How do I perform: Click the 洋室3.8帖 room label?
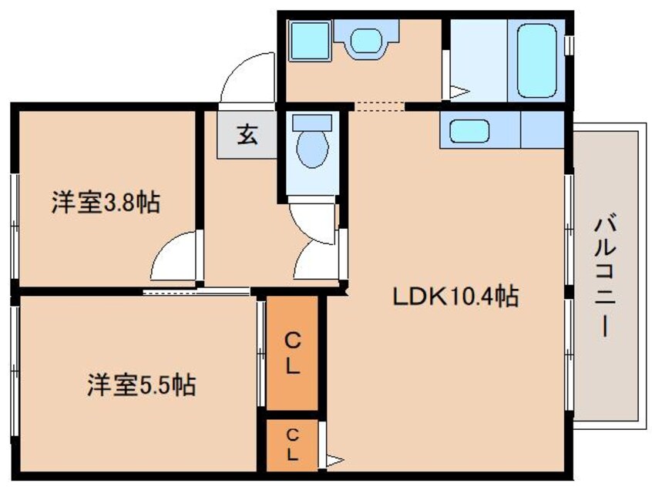(106, 204)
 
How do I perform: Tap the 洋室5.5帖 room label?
(140, 383)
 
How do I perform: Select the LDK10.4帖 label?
(455, 297)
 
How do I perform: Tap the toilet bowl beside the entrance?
(312, 149)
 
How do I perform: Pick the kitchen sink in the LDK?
(469, 129)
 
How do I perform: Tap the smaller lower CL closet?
(292, 445)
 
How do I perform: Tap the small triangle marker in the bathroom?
(459, 92)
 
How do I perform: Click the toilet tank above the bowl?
(312, 122)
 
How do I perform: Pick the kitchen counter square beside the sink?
(543, 128)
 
